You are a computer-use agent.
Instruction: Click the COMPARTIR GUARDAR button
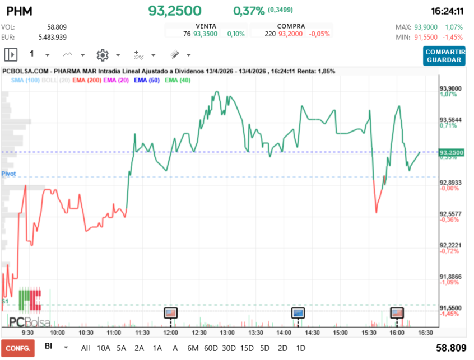[x=444, y=55]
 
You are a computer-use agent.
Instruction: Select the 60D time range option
[x=211, y=348]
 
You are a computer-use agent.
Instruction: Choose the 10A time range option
[x=104, y=348]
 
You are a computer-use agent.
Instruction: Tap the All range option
[x=85, y=348]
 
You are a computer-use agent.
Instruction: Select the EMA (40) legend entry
[x=178, y=81]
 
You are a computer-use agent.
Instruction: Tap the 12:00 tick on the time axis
[x=170, y=332]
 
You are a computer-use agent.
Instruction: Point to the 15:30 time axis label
[x=369, y=332]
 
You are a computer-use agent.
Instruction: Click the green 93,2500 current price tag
[x=452, y=152]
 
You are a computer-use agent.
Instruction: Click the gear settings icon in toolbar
[x=102, y=55]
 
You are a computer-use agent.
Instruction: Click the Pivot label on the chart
[x=8, y=174]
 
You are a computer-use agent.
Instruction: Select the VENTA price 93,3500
[x=204, y=34]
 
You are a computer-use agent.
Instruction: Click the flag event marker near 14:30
[x=298, y=312]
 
